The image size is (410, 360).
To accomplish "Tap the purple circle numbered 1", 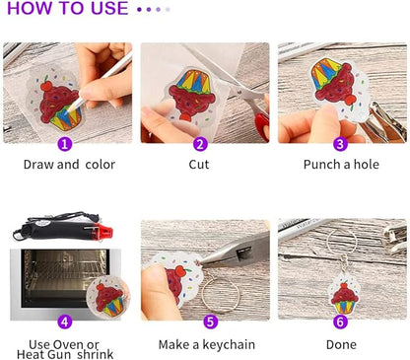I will (x=65, y=143).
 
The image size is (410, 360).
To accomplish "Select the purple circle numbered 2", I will (x=201, y=143).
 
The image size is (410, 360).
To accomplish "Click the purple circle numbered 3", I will (x=340, y=143).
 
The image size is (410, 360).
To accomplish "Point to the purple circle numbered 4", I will (x=65, y=322).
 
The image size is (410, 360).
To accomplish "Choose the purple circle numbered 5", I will (x=210, y=322).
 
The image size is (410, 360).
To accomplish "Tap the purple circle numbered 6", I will (x=340, y=322).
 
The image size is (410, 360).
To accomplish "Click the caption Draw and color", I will (x=69, y=165).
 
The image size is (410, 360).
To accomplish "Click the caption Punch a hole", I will (x=341, y=165).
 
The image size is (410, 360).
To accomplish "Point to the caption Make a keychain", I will (x=206, y=344).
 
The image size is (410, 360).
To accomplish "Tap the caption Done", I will (x=341, y=344).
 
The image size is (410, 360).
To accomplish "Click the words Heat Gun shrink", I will (x=69, y=354).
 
